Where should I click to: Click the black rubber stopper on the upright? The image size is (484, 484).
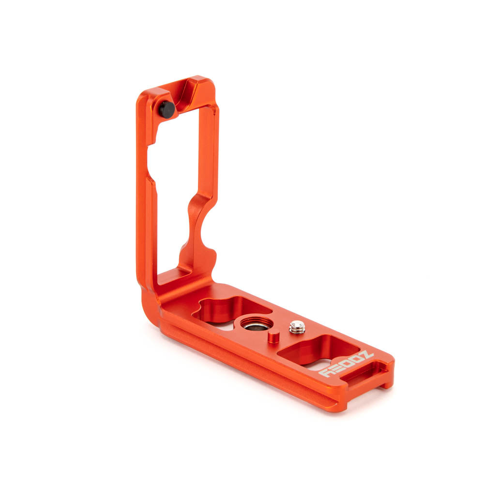[167, 109]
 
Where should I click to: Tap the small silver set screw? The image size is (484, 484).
[297, 328]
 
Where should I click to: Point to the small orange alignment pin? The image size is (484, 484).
[273, 336]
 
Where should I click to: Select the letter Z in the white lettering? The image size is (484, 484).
[366, 357]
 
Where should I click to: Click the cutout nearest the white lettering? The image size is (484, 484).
[319, 351]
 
